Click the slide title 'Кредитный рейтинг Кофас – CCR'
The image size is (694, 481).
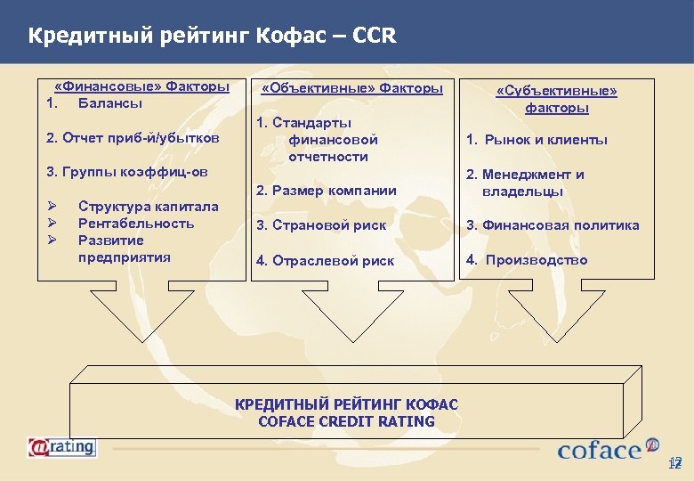212,37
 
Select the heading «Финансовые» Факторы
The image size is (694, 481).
141,87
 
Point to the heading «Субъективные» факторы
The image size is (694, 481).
556,99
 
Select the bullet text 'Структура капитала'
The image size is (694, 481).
148,207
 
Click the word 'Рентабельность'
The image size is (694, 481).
136,224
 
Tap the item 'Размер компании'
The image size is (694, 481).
326,190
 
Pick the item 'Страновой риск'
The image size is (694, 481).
321,225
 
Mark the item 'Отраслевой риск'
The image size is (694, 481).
325,261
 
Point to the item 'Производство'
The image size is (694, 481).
527,260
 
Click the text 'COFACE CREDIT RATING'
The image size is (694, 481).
346,421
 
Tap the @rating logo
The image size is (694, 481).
61,447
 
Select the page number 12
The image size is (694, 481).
674,464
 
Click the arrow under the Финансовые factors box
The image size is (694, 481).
141,316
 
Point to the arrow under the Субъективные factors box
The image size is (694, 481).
556,316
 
